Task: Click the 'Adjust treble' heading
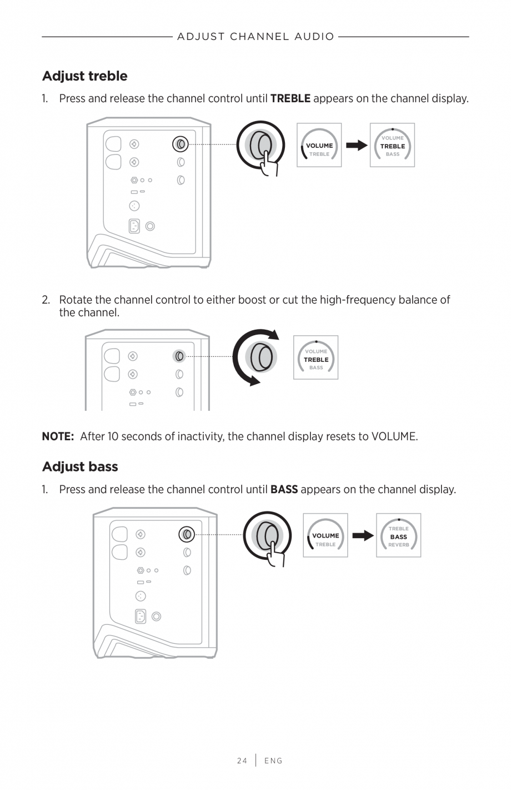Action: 84,76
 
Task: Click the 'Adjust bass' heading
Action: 80,466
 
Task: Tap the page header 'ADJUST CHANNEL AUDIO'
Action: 255,37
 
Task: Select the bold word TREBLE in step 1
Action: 290,99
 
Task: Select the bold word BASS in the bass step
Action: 284,490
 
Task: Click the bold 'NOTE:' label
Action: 58,436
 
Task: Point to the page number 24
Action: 242,761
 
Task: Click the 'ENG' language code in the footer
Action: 273,761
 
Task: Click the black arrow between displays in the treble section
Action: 356,146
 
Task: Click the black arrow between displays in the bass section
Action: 362,536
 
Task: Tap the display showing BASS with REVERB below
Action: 398,536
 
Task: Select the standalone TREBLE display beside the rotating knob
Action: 315,358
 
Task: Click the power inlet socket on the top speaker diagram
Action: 134,226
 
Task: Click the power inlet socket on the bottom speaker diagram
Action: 141,616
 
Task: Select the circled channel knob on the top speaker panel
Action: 181,144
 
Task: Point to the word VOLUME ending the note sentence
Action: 394,436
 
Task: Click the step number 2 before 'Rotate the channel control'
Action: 46,300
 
